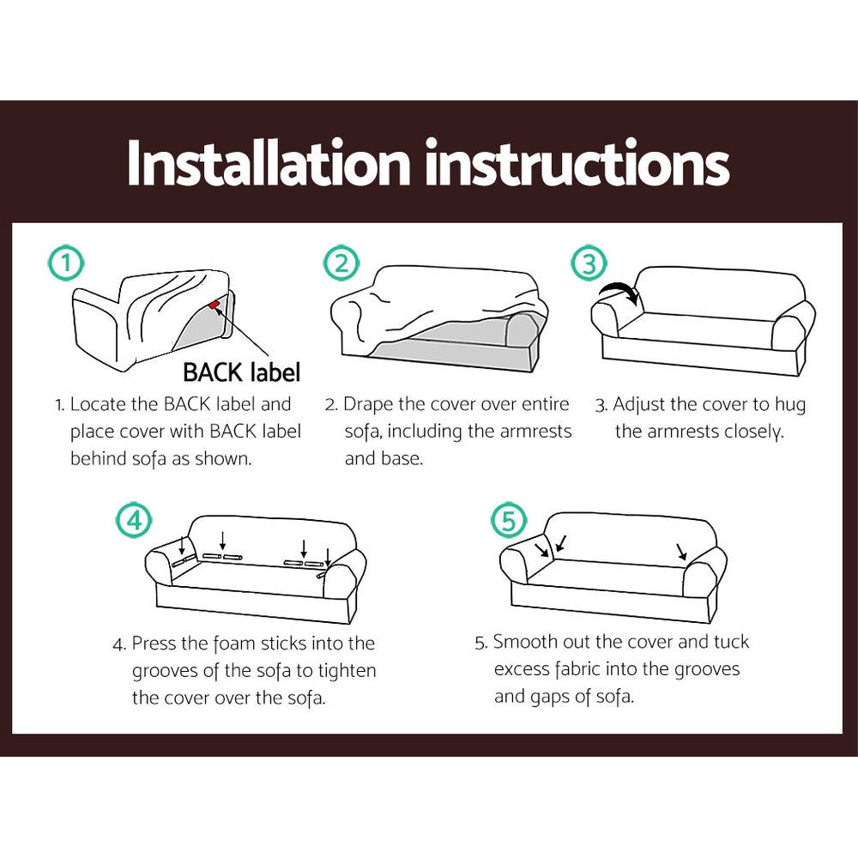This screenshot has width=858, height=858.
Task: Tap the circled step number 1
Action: (66, 263)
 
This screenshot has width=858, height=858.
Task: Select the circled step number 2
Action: (341, 263)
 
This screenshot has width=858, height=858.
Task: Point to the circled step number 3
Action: (589, 263)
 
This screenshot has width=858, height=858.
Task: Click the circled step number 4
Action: (134, 521)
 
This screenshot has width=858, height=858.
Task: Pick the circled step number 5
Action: (508, 521)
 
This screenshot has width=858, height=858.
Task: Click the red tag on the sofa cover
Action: (214, 304)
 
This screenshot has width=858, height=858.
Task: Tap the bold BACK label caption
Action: (241, 372)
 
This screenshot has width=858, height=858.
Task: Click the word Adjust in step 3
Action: (640, 404)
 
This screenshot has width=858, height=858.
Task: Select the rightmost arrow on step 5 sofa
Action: (681, 551)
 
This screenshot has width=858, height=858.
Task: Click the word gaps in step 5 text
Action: (557, 696)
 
